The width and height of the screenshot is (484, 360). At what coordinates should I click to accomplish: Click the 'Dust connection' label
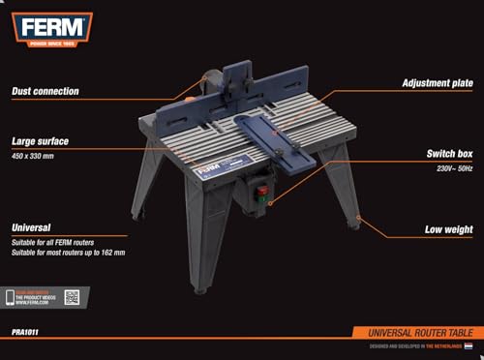[x=45, y=91]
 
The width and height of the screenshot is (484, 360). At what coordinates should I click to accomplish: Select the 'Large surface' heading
[x=40, y=140]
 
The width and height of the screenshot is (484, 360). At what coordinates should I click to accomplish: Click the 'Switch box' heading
[x=448, y=153]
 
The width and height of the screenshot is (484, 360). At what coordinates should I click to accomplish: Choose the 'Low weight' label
[x=448, y=229]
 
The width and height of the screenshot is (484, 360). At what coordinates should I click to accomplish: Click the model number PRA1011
[x=28, y=332]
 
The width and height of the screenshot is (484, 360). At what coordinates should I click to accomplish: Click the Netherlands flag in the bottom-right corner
[x=469, y=346]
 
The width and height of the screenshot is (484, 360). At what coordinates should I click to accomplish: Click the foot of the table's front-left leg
[x=199, y=288]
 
